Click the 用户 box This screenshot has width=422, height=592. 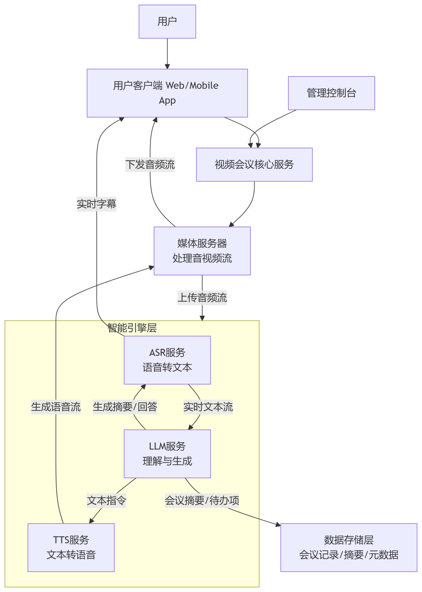click(x=167, y=21)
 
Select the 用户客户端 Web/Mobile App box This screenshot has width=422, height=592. click(x=167, y=93)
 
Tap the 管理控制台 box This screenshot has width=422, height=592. click(x=331, y=93)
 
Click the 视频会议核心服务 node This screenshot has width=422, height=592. click(x=254, y=164)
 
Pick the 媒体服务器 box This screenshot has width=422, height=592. click(x=202, y=251)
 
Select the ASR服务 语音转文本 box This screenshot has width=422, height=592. click(x=167, y=360)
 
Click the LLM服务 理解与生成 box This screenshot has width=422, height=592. click(x=167, y=453)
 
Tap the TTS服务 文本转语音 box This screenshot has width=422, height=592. click(x=71, y=547)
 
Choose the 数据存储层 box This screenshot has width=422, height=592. click(x=349, y=547)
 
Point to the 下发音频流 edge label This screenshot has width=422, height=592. click(x=150, y=164)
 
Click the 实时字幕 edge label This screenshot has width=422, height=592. click(x=97, y=204)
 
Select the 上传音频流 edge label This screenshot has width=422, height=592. click(x=202, y=298)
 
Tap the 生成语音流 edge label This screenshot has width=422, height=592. click(x=56, y=407)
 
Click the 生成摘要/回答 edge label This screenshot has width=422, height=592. click(x=125, y=407)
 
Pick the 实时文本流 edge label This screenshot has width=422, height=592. click(x=208, y=407)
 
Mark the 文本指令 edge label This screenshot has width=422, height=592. click(x=106, y=500)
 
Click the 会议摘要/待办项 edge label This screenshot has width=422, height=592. click(x=202, y=500)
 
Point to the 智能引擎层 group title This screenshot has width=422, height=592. click(x=132, y=328)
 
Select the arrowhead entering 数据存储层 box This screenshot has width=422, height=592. click(x=278, y=525)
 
